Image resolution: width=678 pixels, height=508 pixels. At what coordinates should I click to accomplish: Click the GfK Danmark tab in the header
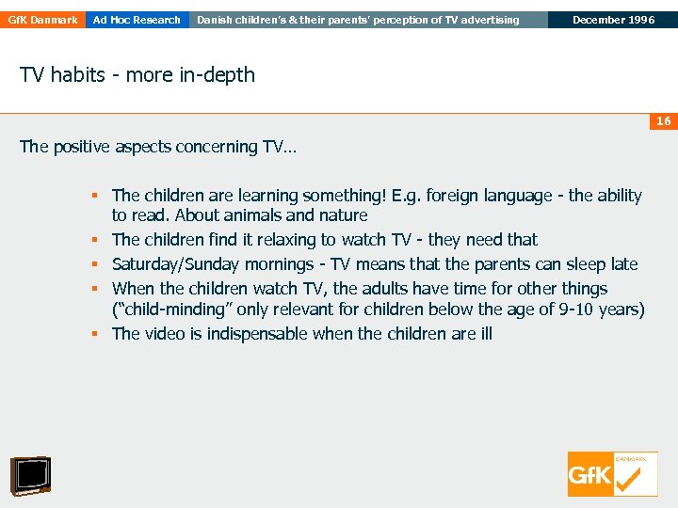(41, 20)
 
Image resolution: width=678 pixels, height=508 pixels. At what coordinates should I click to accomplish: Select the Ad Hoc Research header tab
(137, 20)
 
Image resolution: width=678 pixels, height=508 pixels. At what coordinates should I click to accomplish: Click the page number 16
(663, 121)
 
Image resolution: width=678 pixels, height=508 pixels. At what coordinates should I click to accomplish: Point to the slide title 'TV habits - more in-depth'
(137, 75)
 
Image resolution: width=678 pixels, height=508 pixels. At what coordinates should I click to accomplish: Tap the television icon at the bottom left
(30, 475)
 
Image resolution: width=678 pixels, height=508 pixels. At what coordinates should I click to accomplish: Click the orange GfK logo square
(590, 474)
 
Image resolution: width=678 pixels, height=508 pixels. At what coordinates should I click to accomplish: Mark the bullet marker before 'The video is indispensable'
(96, 334)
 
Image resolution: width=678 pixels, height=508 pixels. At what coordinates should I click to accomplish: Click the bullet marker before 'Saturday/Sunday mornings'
(96, 264)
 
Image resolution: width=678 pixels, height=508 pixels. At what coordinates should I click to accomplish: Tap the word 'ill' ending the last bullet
(483, 334)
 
